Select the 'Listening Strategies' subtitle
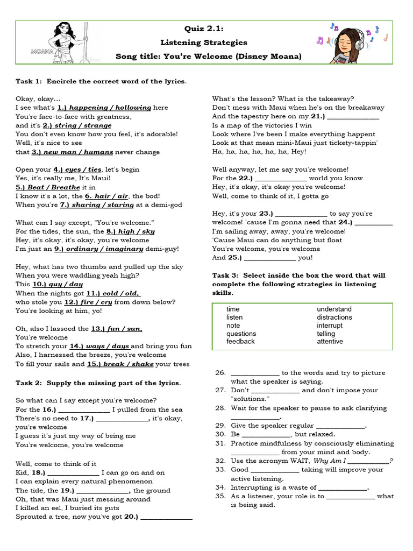(x=204, y=43)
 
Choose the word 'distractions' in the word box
(x=334, y=317)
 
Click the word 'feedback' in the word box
(x=240, y=342)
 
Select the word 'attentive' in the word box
(x=330, y=342)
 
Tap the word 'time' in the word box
(x=233, y=309)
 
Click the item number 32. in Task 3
(x=220, y=461)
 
